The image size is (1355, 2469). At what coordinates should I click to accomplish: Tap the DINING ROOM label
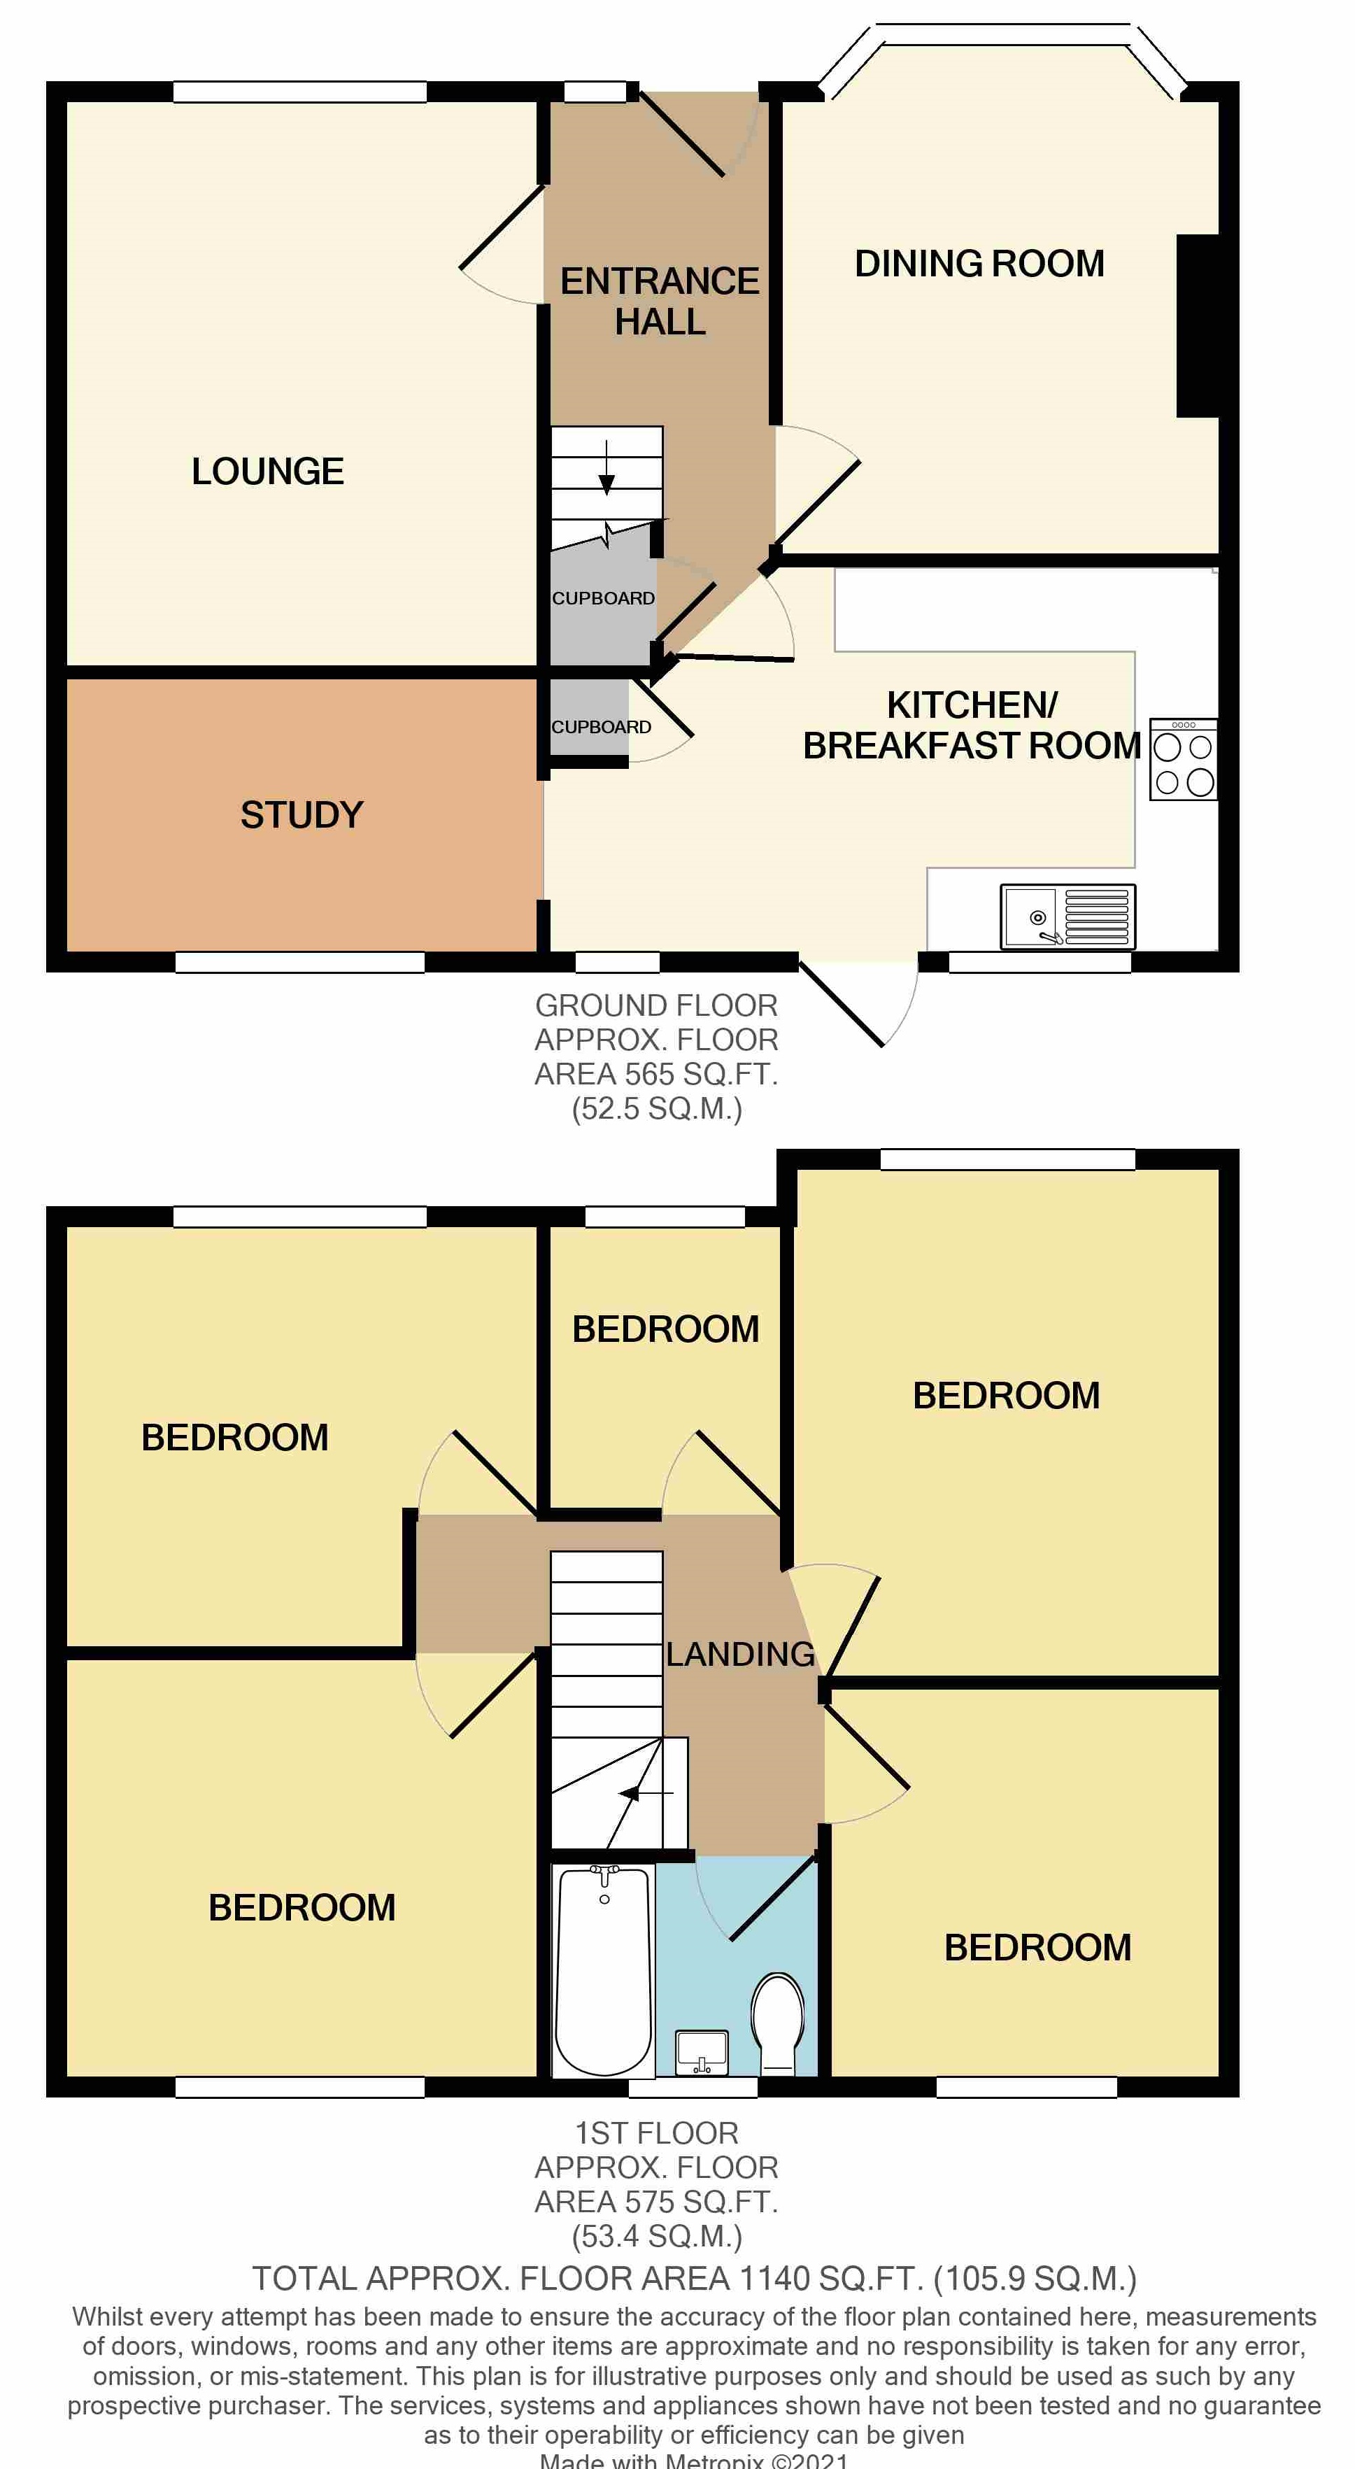[979, 264]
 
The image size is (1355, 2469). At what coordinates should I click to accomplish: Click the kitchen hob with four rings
[1184, 759]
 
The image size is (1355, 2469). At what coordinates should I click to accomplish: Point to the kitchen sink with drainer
[1067, 917]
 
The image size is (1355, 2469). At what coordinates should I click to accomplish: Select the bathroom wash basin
[702, 2051]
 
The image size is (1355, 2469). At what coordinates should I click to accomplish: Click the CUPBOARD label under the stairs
[603, 598]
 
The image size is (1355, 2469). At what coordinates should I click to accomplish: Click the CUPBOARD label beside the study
[601, 726]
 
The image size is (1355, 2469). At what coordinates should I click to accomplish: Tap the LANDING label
[740, 1653]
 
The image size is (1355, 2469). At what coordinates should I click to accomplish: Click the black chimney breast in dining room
[1197, 326]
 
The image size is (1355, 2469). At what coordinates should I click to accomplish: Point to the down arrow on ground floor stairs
[606, 469]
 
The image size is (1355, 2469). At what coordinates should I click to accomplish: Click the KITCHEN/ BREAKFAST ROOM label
[971, 726]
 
